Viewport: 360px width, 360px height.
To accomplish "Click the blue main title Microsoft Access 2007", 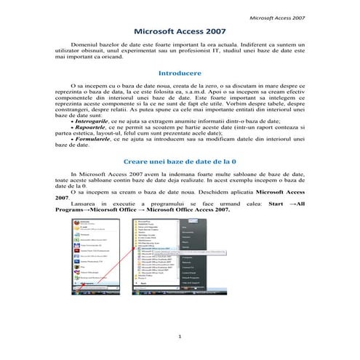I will tap(180, 33).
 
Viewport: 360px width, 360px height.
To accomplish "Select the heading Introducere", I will tap(180, 73).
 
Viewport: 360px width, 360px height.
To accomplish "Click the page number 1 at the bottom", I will tap(179, 335).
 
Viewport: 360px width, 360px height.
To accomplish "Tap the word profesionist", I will tap(235, 52).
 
